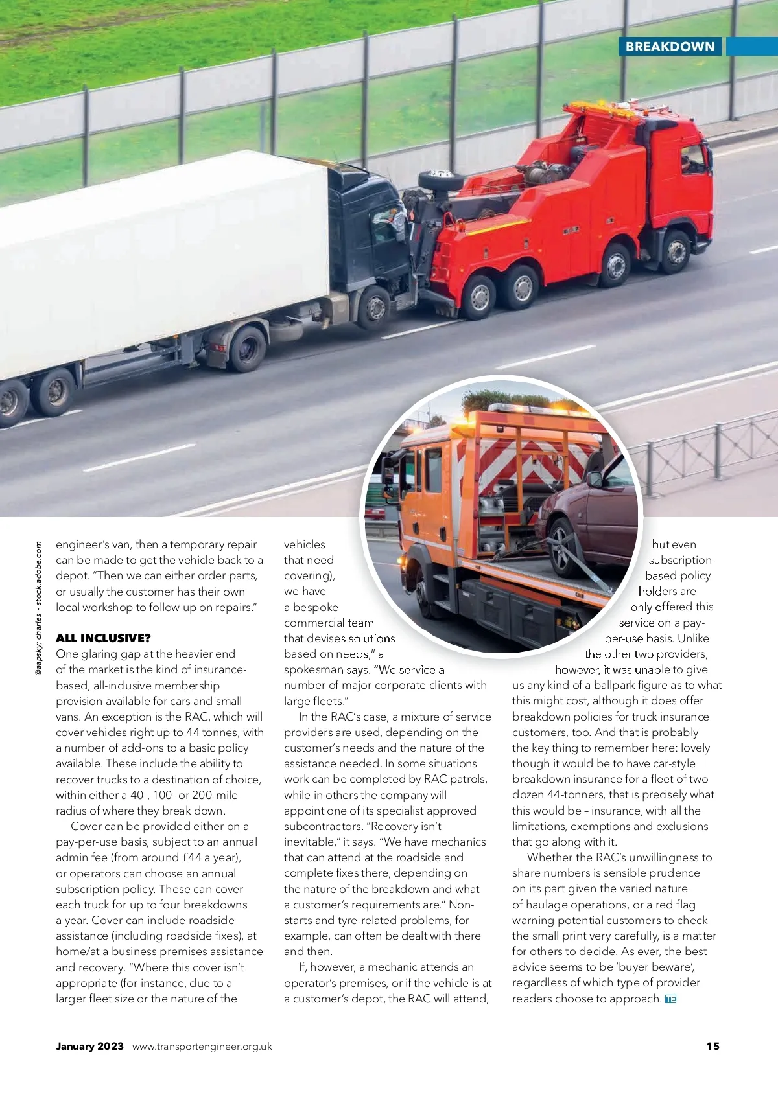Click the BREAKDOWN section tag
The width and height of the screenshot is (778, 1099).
click(670, 47)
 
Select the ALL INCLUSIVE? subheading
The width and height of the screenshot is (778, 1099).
click(103, 638)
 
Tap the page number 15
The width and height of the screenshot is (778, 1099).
click(713, 1046)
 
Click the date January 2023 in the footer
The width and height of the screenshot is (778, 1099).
click(89, 1046)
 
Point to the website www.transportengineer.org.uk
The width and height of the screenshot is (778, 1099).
click(202, 1047)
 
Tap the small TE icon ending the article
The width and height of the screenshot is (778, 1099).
click(670, 999)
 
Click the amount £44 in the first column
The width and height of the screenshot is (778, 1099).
click(193, 857)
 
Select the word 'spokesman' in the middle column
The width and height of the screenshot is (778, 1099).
click(314, 670)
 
